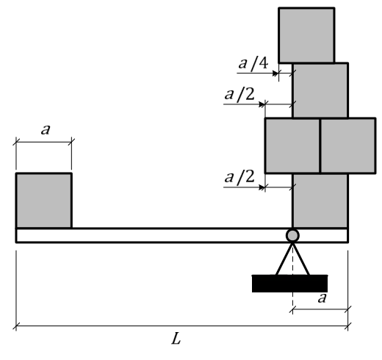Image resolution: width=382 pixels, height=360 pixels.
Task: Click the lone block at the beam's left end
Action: pos(44,201)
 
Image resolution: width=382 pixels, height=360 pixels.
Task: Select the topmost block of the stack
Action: pos(306,35)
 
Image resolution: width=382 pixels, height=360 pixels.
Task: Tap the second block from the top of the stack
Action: pos(320,90)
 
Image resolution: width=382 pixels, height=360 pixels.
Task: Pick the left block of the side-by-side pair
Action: pos(292,145)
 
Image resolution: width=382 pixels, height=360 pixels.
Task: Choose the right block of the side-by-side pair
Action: pos(348,145)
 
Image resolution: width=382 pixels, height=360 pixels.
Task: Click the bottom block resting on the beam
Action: pos(320,201)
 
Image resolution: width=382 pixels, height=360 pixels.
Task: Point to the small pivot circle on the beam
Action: pos(292,235)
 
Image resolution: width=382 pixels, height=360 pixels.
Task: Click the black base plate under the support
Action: pos(289,284)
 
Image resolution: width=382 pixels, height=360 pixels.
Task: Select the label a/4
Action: pos(253,64)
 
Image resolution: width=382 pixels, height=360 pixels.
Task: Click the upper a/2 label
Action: pos(239,95)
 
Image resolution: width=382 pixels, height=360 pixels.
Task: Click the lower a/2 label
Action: pos(239,177)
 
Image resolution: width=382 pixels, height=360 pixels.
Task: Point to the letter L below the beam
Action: pos(176,339)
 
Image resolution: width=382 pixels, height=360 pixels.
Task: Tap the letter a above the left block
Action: pos(46,129)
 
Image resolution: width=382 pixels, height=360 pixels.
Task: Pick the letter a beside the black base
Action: pos(322,298)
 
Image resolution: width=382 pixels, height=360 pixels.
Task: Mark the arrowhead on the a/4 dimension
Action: pos(275,73)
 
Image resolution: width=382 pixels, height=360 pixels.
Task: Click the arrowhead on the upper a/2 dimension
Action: pos(262,104)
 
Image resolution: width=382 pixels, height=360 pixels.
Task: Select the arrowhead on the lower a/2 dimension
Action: pos(262,187)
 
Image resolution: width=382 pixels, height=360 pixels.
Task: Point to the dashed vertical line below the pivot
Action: pos(292,278)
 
